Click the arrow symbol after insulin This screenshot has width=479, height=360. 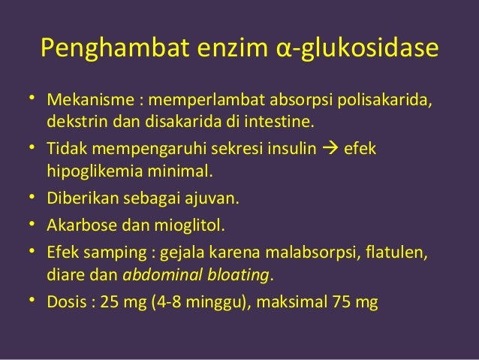point(329,149)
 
